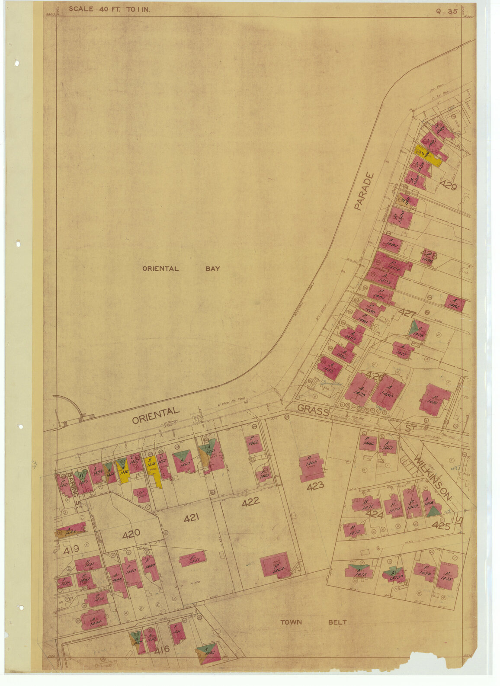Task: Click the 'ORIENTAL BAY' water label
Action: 181,269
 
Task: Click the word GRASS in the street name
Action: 313,410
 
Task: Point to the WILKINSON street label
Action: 433,476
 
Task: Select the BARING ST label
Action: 74,490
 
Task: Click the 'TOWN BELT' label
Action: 313,622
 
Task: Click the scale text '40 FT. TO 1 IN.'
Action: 109,9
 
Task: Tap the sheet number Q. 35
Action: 447,12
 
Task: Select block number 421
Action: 191,517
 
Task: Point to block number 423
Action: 315,486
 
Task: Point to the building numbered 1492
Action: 455,304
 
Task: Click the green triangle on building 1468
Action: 432,511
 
